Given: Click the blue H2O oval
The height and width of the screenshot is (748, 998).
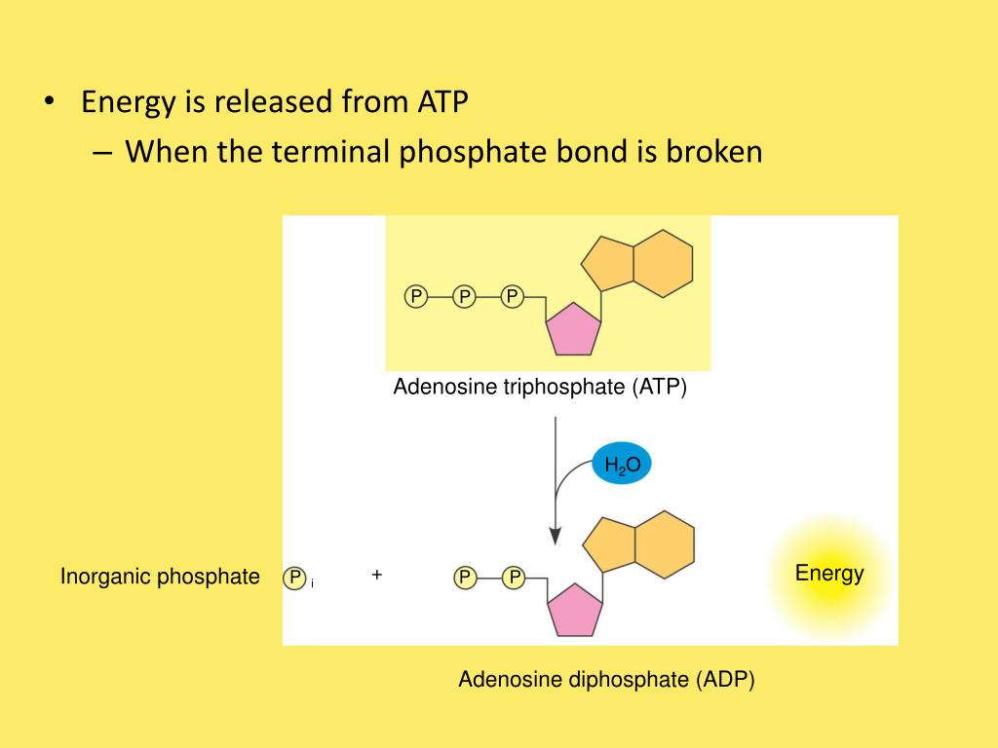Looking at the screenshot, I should tap(622, 466).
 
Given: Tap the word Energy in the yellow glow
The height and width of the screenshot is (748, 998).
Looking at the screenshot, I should tap(829, 573).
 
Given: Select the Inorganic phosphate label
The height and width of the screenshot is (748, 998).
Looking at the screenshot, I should tap(160, 577).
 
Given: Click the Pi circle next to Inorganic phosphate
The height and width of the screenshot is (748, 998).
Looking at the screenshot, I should tap(294, 579).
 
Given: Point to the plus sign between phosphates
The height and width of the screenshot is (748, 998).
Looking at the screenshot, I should tap(376, 576).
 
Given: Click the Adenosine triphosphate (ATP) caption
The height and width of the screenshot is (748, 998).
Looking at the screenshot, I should tap(540, 388).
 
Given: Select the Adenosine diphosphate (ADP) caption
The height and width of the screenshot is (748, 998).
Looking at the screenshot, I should tap(606, 680).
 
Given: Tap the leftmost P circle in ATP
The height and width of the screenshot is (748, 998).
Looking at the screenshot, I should tap(416, 296).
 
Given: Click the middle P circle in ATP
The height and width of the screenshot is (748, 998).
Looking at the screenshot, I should tap(464, 296).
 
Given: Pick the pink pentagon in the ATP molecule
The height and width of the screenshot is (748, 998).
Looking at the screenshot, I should tap(572, 329).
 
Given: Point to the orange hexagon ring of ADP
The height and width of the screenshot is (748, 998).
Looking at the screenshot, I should tap(664, 544).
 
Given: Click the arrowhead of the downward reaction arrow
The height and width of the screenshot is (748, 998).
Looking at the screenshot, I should tap(555, 536).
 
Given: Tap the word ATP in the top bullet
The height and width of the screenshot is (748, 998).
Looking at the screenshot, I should tap(443, 102).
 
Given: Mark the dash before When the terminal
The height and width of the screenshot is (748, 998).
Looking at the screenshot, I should tap(105, 153).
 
